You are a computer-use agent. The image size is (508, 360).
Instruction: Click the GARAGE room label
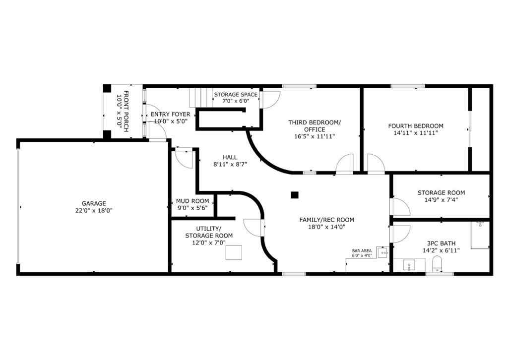[x=94, y=203]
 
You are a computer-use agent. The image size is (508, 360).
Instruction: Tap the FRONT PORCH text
[x=123, y=110]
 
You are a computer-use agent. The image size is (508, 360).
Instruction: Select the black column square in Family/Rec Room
[x=295, y=195]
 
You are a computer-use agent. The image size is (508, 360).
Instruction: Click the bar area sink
[x=383, y=252]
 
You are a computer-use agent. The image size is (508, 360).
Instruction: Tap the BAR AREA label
[x=362, y=250]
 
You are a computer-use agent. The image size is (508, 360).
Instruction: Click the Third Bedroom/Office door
[x=344, y=164]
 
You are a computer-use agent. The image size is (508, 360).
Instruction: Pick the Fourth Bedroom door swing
[x=375, y=164]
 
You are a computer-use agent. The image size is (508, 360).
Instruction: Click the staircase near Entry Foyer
[x=198, y=97]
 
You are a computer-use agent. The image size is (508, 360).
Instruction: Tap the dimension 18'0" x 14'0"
[x=326, y=227]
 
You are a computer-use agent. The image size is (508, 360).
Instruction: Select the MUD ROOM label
[x=192, y=201]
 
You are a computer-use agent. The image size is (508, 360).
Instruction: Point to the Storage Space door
[x=270, y=100]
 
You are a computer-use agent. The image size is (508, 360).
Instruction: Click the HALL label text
[x=230, y=157]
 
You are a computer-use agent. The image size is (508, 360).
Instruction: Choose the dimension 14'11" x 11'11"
[x=416, y=133]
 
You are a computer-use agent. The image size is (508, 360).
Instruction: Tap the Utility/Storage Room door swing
[x=253, y=228]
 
